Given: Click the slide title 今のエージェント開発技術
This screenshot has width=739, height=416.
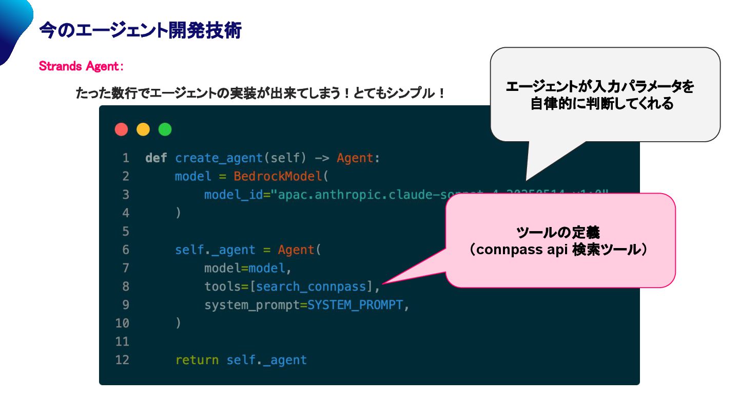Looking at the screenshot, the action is (140, 31).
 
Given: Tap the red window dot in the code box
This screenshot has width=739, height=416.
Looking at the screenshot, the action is (121, 129).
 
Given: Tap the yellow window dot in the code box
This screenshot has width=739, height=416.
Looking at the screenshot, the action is (143, 129).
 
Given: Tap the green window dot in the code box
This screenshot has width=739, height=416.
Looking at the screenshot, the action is (165, 129).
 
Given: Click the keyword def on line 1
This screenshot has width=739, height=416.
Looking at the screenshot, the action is (156, 158).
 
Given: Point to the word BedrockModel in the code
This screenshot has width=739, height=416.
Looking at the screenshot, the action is (278, 177).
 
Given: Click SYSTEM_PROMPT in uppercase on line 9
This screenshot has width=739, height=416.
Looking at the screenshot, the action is (355, 305).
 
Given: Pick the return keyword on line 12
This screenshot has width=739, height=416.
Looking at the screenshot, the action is (197, 360).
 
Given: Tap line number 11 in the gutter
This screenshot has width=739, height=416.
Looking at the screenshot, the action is (122, 342).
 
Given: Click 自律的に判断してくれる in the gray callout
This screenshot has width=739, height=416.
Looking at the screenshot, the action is (601, 104).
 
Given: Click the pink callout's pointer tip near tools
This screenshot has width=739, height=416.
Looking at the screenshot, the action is (383, 283).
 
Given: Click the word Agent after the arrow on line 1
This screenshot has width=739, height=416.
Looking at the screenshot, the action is (355, 158).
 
